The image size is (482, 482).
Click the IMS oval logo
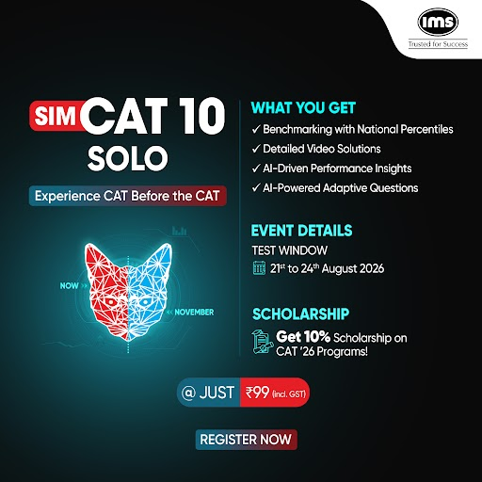pos(438,22)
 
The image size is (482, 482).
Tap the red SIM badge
pos(56,116)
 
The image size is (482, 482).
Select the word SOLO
pos(128,158)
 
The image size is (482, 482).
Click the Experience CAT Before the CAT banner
pos(127,196)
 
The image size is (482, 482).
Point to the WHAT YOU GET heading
pos(303,108)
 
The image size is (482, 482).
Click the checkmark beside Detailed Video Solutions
pos(256,149)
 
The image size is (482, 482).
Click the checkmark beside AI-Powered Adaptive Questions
pos(256,188)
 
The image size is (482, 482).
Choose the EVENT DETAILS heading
pos(301,231)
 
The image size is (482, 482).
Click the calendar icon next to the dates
pos(259,267)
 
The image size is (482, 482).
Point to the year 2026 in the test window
pos(372,268)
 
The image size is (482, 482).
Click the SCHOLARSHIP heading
pos(300,313)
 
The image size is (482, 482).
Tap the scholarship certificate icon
pos(262,342)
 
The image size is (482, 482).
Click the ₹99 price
pos(257,393)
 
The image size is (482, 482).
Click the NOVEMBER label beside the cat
pos(194,313)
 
